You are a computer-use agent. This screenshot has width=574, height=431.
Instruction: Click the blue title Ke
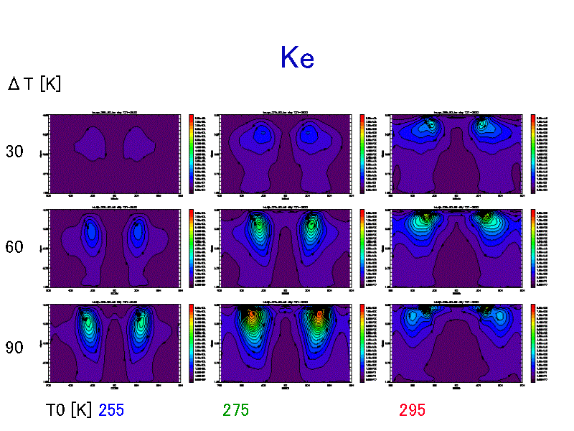[297, 57]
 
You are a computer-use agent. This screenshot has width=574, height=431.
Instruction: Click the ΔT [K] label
[34, 84]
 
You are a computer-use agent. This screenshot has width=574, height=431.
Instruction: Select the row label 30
[14, 152]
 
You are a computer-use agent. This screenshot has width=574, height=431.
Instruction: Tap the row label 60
[14, 248]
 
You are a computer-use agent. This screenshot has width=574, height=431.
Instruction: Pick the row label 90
[14, 348]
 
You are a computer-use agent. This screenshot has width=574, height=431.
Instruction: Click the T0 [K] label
[69, 410]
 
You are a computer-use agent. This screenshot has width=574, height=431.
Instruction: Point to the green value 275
[236, 410]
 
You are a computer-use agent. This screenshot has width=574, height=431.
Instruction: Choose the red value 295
[413, 410]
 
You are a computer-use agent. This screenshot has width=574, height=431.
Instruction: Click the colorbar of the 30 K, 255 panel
[192, 152]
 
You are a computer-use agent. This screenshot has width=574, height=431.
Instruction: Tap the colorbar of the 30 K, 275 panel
[362, 152]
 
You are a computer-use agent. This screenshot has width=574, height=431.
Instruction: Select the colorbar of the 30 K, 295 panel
[533, 152]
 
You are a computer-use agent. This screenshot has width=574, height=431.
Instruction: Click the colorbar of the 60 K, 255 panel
[192, 248]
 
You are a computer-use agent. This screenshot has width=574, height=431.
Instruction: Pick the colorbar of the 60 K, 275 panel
[362, 248]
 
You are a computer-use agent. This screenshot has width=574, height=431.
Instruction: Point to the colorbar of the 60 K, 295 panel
[533, 248]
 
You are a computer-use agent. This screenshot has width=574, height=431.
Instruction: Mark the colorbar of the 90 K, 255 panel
[192, 343]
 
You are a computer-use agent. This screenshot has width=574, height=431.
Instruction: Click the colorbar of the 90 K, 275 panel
[362, 343]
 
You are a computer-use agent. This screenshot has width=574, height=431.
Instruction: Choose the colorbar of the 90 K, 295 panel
[533, 343]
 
